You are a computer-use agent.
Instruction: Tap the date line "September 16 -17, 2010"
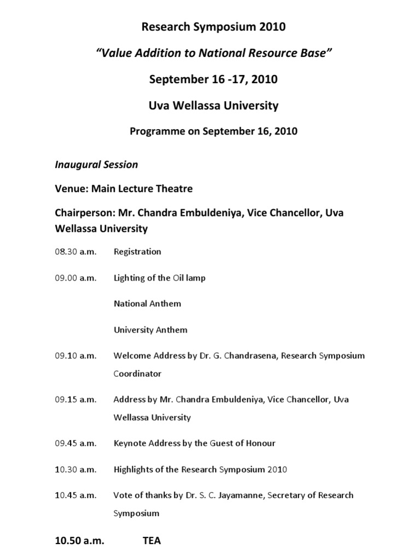(x=214, y=79)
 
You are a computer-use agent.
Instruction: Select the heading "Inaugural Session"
(x=96, y=164)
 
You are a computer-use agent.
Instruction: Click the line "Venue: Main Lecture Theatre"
(x=124, y=189)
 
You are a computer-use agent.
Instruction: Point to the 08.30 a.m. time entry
(x=75, y=252)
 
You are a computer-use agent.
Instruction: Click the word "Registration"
(x=137, y=252)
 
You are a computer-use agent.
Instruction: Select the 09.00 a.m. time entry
(x=75, y=278)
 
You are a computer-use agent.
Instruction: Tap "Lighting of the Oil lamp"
(x=160, y=278)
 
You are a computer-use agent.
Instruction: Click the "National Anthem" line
(x=147, y=304)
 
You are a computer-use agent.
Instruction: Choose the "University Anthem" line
(x=150, y=330)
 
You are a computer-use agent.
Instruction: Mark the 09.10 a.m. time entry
(x=75, y=355)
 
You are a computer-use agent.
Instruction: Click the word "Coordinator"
(x=137, y=374)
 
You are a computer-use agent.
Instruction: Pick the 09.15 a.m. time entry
(x=75, y=399)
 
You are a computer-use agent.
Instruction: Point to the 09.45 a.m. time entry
(x=75, y=443)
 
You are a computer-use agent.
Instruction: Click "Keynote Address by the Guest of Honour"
(x=194, y=443)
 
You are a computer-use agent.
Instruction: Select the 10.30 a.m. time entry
(x=75, y=469)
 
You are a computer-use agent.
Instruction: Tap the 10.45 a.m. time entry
(x=75, y=495)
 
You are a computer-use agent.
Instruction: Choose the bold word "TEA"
(x=152, y=541)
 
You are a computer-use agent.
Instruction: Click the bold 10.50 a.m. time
(x=80, y=541)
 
